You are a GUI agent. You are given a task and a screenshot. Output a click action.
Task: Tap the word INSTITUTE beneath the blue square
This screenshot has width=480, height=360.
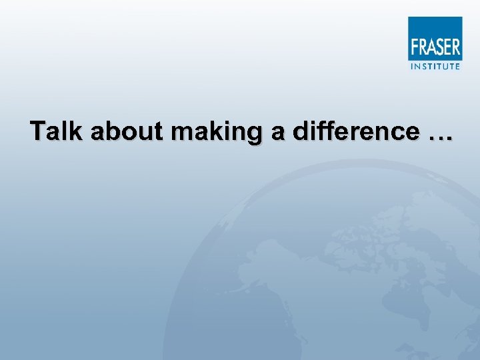tap(435, 66)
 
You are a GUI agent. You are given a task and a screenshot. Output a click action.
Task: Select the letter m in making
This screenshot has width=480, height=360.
tap(181, 132)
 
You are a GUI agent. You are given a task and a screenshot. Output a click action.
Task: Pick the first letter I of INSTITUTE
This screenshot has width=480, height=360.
tap(411, 66)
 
